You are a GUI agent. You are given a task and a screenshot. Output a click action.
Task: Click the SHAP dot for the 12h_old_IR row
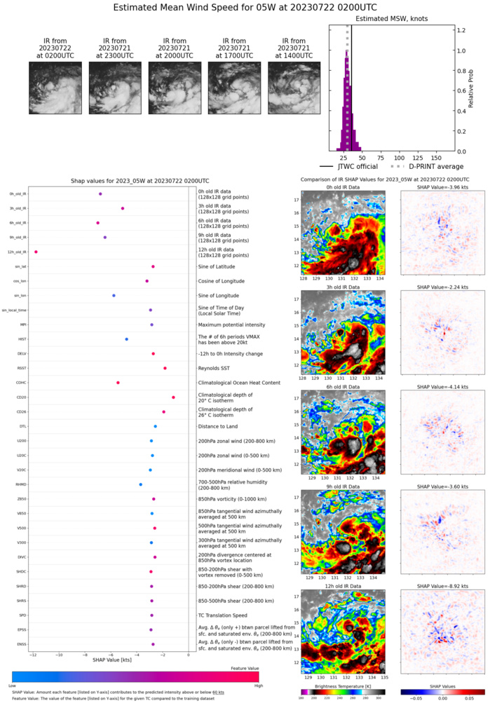36,252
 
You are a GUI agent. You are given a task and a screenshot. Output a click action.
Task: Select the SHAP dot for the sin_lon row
114,296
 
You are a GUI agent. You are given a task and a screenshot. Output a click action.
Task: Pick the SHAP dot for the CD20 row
173,397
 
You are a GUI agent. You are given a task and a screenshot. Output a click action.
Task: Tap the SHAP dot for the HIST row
127,339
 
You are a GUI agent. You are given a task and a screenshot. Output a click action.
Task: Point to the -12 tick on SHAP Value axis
33,654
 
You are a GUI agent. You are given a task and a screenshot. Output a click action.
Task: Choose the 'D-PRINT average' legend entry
422,167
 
